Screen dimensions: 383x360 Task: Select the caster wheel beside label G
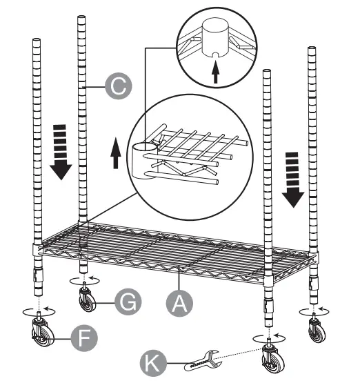pyautogui.click(x=88, y=299)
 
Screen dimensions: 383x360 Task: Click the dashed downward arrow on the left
pyautogui.click(x=61, y=150)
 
